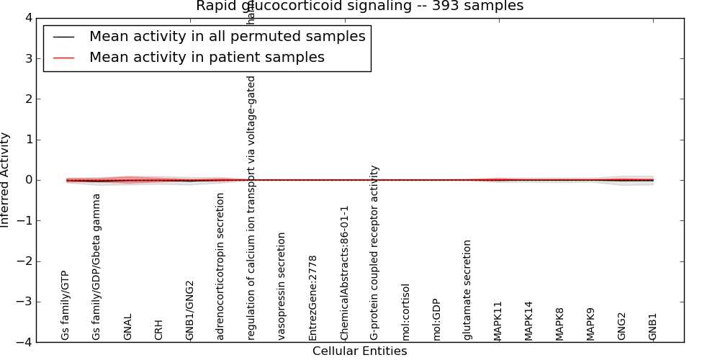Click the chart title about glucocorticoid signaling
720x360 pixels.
point(359,6)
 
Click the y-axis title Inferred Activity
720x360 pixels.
point(6,179)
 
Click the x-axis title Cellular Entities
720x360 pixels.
point(359,351)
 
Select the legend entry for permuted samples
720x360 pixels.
point(227,37)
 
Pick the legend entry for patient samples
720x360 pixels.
point(207,58)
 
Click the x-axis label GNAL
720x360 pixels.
point(128,327)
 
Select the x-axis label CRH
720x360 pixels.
point(159,330)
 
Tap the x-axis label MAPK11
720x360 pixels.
point(498,321)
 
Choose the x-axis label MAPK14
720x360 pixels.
point(529,321)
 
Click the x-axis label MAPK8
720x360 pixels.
point(560,323)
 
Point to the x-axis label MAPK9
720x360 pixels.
point(591,323)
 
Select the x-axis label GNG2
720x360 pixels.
point(622,326)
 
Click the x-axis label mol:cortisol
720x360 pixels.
point(406,312)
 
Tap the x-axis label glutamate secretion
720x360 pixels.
point(468,290)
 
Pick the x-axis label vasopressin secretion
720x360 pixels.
point(282,286)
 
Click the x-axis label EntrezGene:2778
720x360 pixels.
point(313,297)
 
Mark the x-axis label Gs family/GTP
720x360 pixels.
point(66,305)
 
